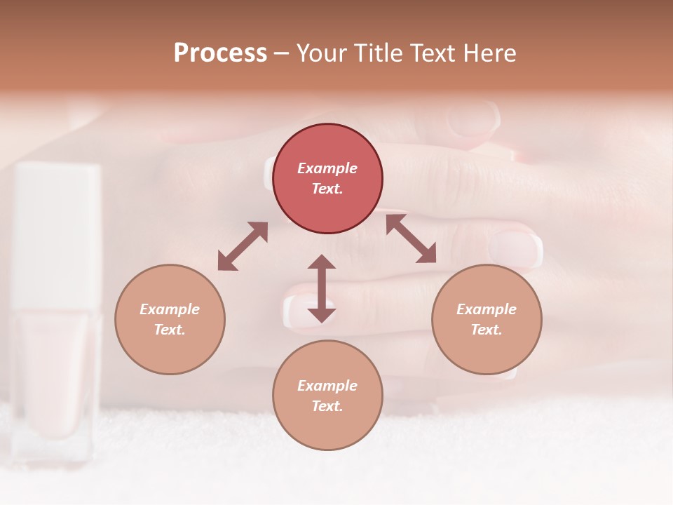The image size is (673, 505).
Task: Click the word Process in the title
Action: (x=220, y=53)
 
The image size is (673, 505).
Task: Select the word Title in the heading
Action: (x=375, y=53)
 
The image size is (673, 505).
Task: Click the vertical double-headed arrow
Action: (x=322, y=288)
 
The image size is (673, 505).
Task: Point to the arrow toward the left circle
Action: (x=243, y=246)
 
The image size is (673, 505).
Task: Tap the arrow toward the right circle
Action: (x=412, y=238)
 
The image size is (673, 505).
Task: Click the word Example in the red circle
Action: (x=327, y=168)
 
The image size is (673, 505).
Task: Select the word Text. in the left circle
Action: (x=170, y=330)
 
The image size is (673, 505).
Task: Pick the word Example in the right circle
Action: (x=487, y=309)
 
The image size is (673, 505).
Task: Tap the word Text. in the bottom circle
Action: (x=327, y=406)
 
